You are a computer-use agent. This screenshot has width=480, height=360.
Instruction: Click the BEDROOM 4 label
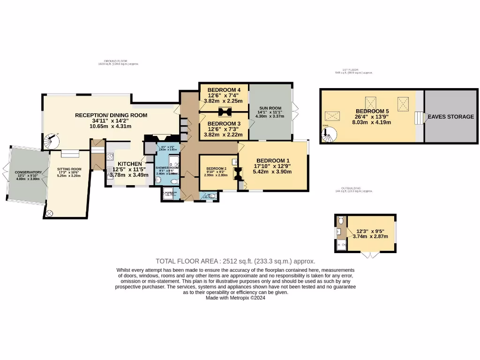[x=224, y=90]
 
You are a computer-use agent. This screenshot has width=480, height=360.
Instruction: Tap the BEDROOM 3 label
[x=224, y=123]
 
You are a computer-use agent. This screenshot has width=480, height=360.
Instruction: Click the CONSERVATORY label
[x=28, y=172]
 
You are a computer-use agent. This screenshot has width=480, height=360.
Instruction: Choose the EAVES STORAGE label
[x=450, y=117]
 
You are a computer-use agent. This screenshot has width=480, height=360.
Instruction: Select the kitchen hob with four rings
[x=110, y=157]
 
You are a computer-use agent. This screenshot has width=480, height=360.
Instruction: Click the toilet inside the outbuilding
[x=340, y=220]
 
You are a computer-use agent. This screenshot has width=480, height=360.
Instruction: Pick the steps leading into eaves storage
[x=418, y=117]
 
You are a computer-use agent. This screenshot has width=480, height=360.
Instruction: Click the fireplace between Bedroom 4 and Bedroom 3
[x=224, y=112]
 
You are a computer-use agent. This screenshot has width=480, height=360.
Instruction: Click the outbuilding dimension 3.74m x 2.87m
[x=372, y=237]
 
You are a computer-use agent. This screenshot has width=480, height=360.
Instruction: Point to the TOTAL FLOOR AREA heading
[x=235, y=261]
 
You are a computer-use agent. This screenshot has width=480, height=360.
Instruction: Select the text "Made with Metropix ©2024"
[x=235, y=298]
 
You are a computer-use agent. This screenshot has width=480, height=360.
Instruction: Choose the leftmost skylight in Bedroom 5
[x=333, y=116]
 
